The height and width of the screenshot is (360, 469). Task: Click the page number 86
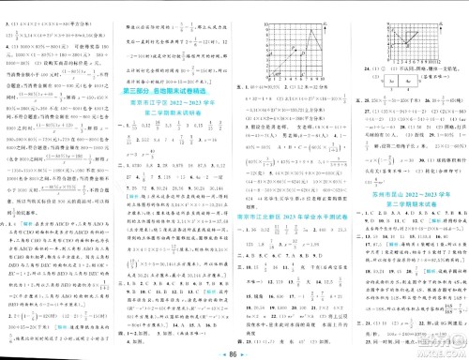pyautogui.click(x=234, y=348)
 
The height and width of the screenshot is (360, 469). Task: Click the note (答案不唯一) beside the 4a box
pyautogui.click(x=435, y=82)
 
